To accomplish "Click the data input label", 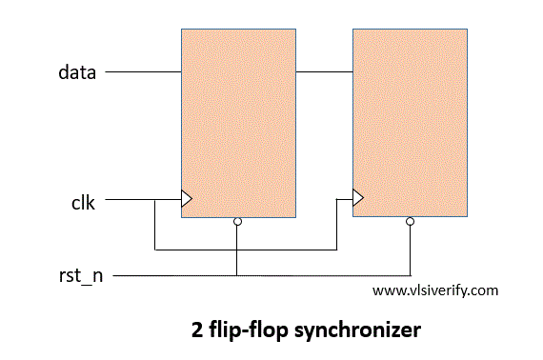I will (x=76, y=72).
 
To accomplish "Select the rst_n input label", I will (x=80, y=276).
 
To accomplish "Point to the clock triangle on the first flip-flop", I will (x=186, y=199).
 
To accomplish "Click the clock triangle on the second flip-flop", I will (x=357, y=198).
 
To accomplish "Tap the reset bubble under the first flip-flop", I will (x=237, y=222).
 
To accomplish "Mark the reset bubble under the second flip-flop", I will (x=410, y=221).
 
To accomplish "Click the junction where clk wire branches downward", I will (x=154, y=200).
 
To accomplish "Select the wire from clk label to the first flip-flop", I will (x=133, y=200).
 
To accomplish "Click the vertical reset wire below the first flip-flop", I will (x=237, y=250).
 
